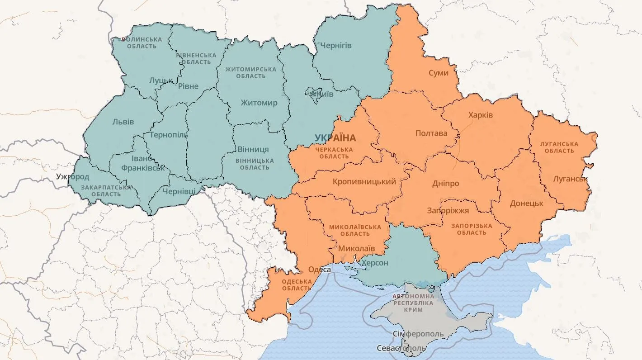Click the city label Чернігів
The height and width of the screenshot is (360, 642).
(336, 46)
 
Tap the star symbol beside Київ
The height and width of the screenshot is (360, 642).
(312, 94)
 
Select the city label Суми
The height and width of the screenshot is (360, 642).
(439, 73)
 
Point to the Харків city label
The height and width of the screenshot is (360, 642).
(481, 115)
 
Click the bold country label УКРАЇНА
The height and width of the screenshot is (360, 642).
(335, 138)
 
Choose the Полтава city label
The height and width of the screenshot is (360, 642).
(431, 133)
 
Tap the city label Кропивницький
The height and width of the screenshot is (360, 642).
(364, 182)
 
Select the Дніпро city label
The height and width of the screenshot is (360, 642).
(445, 184)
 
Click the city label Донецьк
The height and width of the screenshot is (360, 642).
(526, 204)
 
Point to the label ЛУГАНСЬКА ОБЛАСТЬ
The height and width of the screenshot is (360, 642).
(559, 147)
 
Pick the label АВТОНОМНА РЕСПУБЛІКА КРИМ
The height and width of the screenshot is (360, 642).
(414, 303)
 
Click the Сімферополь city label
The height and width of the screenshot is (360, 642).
(418, 334)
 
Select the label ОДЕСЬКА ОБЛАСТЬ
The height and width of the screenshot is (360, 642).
(297, 285)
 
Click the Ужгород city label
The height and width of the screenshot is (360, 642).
(73, 176)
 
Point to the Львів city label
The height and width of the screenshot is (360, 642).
(123, 122)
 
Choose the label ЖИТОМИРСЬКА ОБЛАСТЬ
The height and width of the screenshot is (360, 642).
(251, 73)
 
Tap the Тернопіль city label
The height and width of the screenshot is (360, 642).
(168, 135)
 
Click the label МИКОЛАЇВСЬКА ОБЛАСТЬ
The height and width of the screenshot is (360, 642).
(355, 230)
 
